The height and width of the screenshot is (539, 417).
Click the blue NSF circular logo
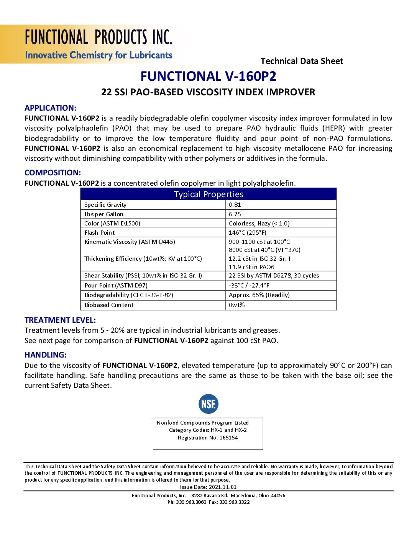click(208, 404)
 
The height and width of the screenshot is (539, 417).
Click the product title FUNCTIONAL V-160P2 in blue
click(208, 76)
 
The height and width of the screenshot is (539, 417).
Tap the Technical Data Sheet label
click(302, 61)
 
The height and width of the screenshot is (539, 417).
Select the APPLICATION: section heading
click(50, 108)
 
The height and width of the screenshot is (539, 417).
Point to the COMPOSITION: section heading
click(53, 173)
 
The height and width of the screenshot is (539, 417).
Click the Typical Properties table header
click(208, 194)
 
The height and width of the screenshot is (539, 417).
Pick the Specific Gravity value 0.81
click(235, 205)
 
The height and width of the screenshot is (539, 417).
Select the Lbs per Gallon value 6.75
click(235, 214)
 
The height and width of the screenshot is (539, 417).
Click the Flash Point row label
click(100, 233)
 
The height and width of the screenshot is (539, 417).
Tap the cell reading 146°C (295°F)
click(248, 233)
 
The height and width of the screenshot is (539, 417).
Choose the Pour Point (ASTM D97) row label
click(116, 286)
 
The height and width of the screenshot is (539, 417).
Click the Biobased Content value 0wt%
click(236, 305)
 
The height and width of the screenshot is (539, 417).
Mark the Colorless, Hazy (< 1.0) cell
click(259, 224)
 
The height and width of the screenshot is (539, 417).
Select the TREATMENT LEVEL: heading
click(60, 320)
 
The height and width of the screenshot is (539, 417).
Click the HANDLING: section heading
click(46, 355)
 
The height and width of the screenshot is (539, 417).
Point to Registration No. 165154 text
click(208, 438)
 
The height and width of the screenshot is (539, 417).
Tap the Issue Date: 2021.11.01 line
click(208, 487)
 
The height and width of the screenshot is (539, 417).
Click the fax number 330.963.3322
click(234, 502)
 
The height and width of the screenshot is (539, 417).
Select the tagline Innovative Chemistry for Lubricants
click(99, 55)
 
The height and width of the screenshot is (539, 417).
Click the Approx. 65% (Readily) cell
click(259, 295)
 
